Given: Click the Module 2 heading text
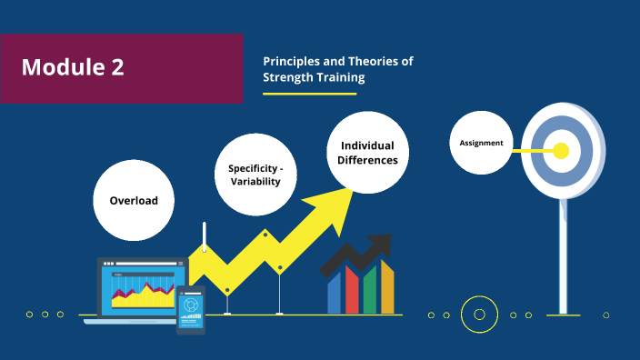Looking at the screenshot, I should (x=73, y=67).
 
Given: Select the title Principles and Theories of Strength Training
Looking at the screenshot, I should (x=337, y=69).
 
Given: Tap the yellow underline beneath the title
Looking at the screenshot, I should (x=309, y=93).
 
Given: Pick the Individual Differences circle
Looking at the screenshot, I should (x=367, y=153).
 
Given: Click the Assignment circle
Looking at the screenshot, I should (x=481, y=143).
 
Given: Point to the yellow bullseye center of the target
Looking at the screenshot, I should (x=561, y=150).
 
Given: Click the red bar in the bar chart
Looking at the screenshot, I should (x=352, y=291).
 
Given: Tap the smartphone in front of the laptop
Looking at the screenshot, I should (x=190, y=309).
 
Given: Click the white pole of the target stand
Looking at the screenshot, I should (x=563, y=255).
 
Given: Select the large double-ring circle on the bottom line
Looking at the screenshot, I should (x=479, y=315).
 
